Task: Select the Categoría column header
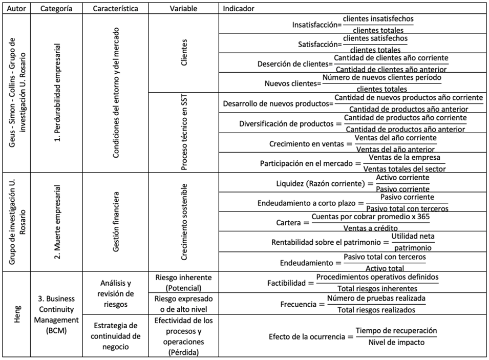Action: pos(56,9)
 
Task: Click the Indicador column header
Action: pos(239,9)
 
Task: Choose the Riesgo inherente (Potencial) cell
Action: pos(183,282)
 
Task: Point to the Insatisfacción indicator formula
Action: pos(353,25)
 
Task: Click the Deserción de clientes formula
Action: pos(353,63)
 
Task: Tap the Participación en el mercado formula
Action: pos(353,163)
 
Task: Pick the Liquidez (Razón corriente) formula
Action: pos(353,183)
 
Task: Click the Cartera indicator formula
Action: pos(353,222)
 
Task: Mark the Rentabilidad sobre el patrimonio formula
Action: pos(353,242)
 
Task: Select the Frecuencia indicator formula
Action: pos(353,304)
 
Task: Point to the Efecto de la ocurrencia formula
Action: pos(353,336)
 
